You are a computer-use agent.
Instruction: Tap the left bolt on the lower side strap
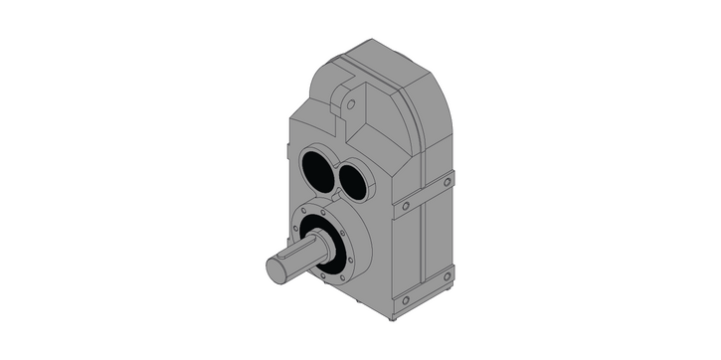405,299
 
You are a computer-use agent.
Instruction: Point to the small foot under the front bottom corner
395,319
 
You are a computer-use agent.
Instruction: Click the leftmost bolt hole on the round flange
295,229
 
